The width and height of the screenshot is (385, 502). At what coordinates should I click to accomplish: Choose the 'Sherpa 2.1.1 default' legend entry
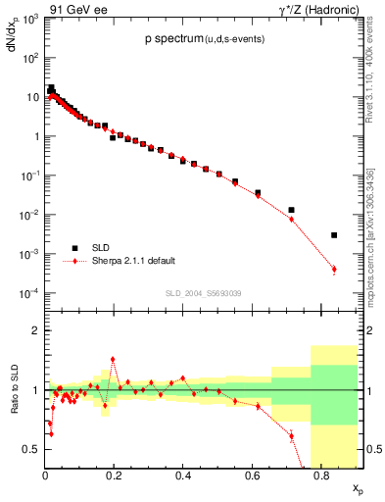(x=133, y=260)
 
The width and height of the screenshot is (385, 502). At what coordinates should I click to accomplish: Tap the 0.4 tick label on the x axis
(x=183, y=477)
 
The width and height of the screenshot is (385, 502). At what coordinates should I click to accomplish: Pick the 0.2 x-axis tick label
(x=114, y=477)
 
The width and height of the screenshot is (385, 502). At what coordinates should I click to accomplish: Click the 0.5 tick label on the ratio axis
(x=33, y=449)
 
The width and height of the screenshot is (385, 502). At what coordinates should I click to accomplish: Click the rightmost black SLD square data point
(x=334, y=235)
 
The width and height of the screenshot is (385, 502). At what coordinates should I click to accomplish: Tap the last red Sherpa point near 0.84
(x=334, y=269)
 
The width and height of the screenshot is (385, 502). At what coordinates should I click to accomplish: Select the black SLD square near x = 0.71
(x=292, y=210)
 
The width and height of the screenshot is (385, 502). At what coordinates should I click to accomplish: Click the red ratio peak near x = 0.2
(x=113, y=360)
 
